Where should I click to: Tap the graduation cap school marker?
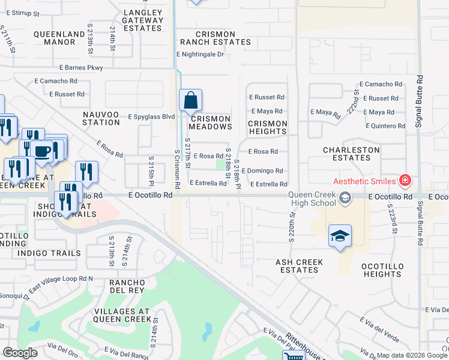click(340, 236)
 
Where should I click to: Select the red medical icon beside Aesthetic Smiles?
click(406, 180)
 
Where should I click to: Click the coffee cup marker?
click(41, 151)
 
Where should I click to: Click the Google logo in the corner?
click(20, 353)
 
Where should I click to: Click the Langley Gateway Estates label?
click(143, 20)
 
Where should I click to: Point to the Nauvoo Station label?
click(93, 118)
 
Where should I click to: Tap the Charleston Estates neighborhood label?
click(351, 154)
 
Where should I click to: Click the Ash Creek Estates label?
click(300, 266)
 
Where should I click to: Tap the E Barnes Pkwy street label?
click(80, 68)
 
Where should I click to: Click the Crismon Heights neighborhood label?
click(268, 127)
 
